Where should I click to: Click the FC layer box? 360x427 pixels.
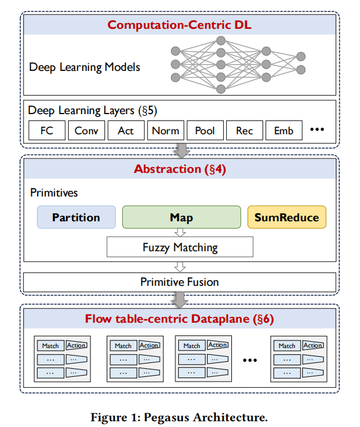point(47,131)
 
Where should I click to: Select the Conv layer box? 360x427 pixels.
point(86,131)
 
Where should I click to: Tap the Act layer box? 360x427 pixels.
point(125,131)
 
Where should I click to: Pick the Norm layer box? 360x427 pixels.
point(165,131)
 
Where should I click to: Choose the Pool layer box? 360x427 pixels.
point(205,131)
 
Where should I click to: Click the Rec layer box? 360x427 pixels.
point(244,131)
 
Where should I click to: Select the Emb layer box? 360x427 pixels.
point(283,131)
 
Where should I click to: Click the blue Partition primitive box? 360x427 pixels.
point(76,218)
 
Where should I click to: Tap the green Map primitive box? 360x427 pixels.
point(181,218)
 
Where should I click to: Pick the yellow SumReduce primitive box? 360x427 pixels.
point(287,218)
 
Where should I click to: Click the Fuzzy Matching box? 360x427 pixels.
point(180,248)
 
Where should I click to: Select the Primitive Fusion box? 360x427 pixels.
point(179,282)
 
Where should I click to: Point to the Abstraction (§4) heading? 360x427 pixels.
point(179,169)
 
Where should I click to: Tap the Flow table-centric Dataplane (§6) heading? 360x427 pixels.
point(179,318)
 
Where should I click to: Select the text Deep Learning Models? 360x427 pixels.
point(84,67)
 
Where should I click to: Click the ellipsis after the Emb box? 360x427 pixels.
point(317,130)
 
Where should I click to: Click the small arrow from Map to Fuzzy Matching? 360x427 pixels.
point(181,233)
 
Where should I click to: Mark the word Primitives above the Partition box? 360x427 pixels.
point(54,193)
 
